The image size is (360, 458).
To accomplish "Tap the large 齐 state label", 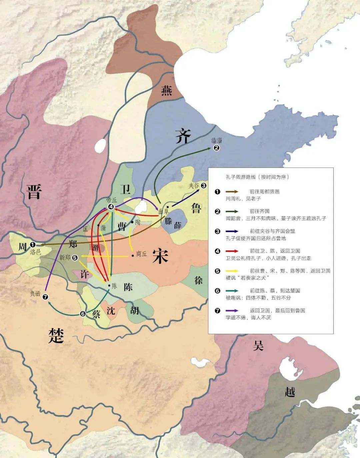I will (183, 136).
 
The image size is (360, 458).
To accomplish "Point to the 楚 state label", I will (56, 335).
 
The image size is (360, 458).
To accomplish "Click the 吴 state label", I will (258, 345).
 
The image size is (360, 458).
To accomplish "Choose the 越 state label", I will (290, 391).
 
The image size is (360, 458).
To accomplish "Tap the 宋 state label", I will (160, 256).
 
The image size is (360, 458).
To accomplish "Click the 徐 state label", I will (198, 280).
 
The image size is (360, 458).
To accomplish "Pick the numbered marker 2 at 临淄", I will (216, 148).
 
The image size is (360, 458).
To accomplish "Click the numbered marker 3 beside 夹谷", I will (204, 186).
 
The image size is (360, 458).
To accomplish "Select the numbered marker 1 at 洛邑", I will (33, 244).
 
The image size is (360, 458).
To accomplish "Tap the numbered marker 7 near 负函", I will (46, 297).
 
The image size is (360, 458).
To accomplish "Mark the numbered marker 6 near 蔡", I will (83, 313).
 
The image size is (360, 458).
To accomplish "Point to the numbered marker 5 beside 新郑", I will (75, 257).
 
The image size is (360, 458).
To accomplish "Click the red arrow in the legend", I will (232, 251).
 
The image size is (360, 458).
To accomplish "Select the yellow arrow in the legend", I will (232, 270).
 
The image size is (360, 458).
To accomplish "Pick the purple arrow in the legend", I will (232, 310).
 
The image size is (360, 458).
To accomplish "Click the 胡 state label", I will (135, 310).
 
